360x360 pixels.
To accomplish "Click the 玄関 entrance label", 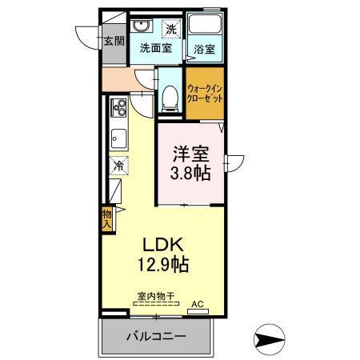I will point(114,41).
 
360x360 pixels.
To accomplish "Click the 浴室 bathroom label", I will point(205,48).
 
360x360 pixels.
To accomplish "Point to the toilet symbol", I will point(168,96).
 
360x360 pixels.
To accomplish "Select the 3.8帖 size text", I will point(192,171).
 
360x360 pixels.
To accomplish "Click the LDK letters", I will point(165,243).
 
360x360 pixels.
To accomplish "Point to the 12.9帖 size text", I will point(165,263).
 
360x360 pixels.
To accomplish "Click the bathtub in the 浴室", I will point(204,25).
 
